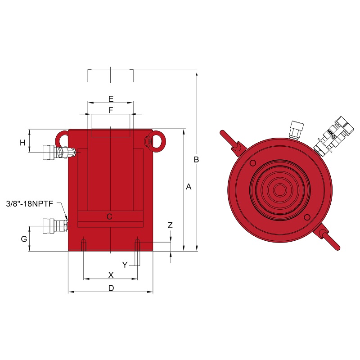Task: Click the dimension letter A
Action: pyautogui.click(x=189, y=187)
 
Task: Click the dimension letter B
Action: pyautogui.click(x=196, y=159)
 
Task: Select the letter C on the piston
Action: pyautogui.click(x=109, y=216)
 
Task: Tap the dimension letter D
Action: pyautogui.click(x=111, y=288)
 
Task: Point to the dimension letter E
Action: pyautogui.click(x=111, y=99)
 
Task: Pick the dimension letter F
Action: pyautogui.click(x=111, y=110)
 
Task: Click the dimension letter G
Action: pyautogui.click(x=24, y=239)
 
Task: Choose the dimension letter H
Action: pyautogui.click(x=22, y=143)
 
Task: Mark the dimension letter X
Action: pyautogui.click(x=111, y=275)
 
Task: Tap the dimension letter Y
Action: pyautogui.click(x=125, y=265)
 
